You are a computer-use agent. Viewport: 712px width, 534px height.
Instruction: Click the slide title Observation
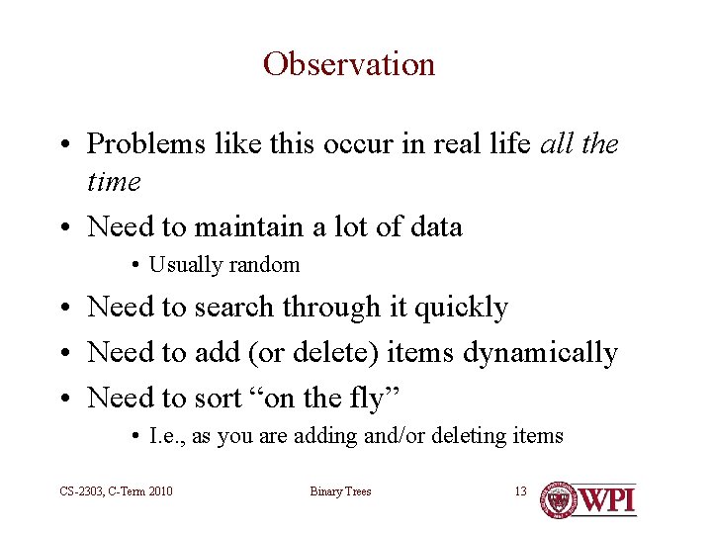[349, 64]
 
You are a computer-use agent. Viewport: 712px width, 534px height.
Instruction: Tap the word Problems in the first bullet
[145, 143]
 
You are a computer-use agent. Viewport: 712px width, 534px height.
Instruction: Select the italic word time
[114, 181]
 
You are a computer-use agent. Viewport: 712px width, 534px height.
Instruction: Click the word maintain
[249, 226]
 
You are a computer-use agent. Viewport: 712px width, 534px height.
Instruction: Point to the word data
[436, 226]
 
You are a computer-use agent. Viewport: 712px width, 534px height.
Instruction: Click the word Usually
[186, 265]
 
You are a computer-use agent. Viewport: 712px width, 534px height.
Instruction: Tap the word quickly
[462, 308]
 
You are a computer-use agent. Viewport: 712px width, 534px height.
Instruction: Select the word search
[233, 307]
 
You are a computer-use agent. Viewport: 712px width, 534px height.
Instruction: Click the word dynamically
[540, 353]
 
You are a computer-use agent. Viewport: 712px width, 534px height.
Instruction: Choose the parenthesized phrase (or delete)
[313, 352]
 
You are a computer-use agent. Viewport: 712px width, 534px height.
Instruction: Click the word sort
[218, 399]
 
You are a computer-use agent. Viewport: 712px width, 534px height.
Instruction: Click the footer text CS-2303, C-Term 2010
[116, 491]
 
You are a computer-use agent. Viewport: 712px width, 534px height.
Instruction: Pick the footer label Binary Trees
[340, 491]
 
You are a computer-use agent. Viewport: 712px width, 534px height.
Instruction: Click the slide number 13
[521, 490]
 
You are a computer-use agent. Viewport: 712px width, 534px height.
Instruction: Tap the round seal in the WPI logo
[559, 500]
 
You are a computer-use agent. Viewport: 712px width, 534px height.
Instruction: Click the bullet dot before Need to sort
[65, 399]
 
